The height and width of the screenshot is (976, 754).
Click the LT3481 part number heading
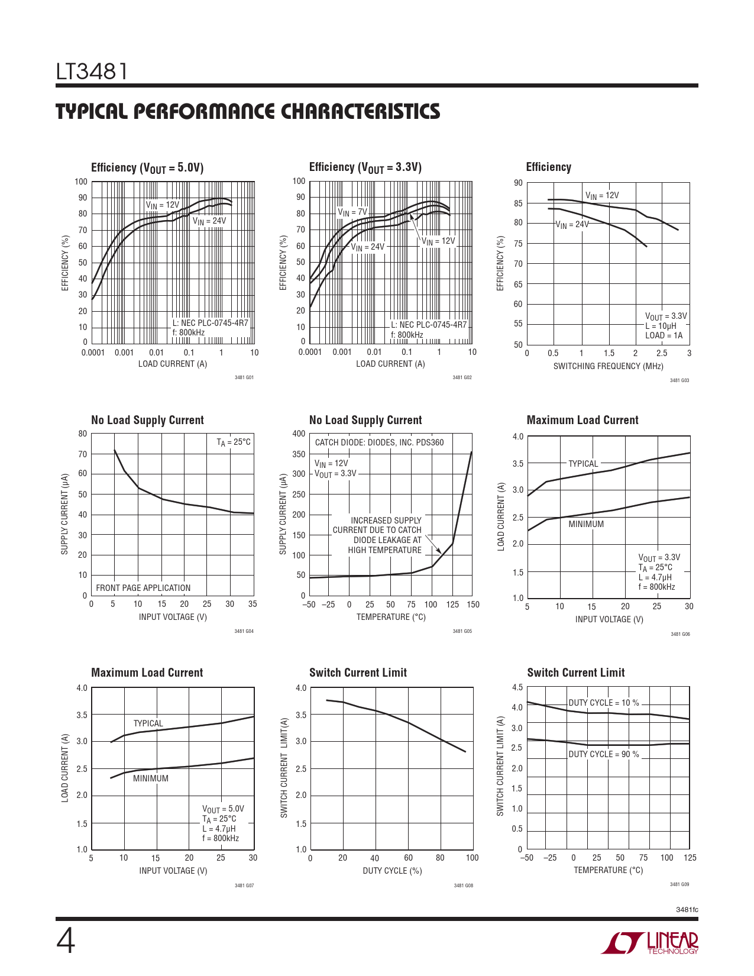click(x=92, y=72)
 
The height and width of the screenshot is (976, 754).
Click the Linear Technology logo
click(x=650, y=943)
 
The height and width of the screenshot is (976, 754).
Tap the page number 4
click(x=66, y=941)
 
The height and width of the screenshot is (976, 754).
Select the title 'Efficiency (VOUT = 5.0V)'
click(x=147, y=168)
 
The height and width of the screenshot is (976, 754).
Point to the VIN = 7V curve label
click(x=352, y=212)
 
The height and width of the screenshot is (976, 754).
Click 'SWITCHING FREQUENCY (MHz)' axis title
click(x=608, y=366)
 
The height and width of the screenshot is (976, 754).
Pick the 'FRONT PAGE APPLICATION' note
click(x=143, y=588)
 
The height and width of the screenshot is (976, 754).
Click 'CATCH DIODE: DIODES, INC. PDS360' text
click(x=379, y=442)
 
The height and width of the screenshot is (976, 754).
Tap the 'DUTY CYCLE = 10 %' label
click(x=604, y=703)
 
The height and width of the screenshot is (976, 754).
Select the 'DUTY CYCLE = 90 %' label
click(x=604, y=754)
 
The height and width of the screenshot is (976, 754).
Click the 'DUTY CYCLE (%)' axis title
click(x=392, y=871)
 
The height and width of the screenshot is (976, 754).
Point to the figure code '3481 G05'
click(x=462, y=631)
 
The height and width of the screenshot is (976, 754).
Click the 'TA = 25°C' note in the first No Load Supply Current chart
click(x=234, y=442)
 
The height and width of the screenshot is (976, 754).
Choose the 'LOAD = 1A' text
click(x=664, y=335)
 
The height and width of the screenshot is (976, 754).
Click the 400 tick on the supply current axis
click(x=299, y=434)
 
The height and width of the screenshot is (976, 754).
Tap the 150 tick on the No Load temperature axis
click(x=473, y=605)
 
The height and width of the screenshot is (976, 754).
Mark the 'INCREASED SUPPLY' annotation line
click(x=386, y=521)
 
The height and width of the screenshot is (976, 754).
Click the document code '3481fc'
click(x=687, y=909)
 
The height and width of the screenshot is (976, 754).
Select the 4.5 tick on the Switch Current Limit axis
click(x=517, y=687)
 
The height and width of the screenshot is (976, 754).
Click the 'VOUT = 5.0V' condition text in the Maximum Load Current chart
click(x=223, y=809)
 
